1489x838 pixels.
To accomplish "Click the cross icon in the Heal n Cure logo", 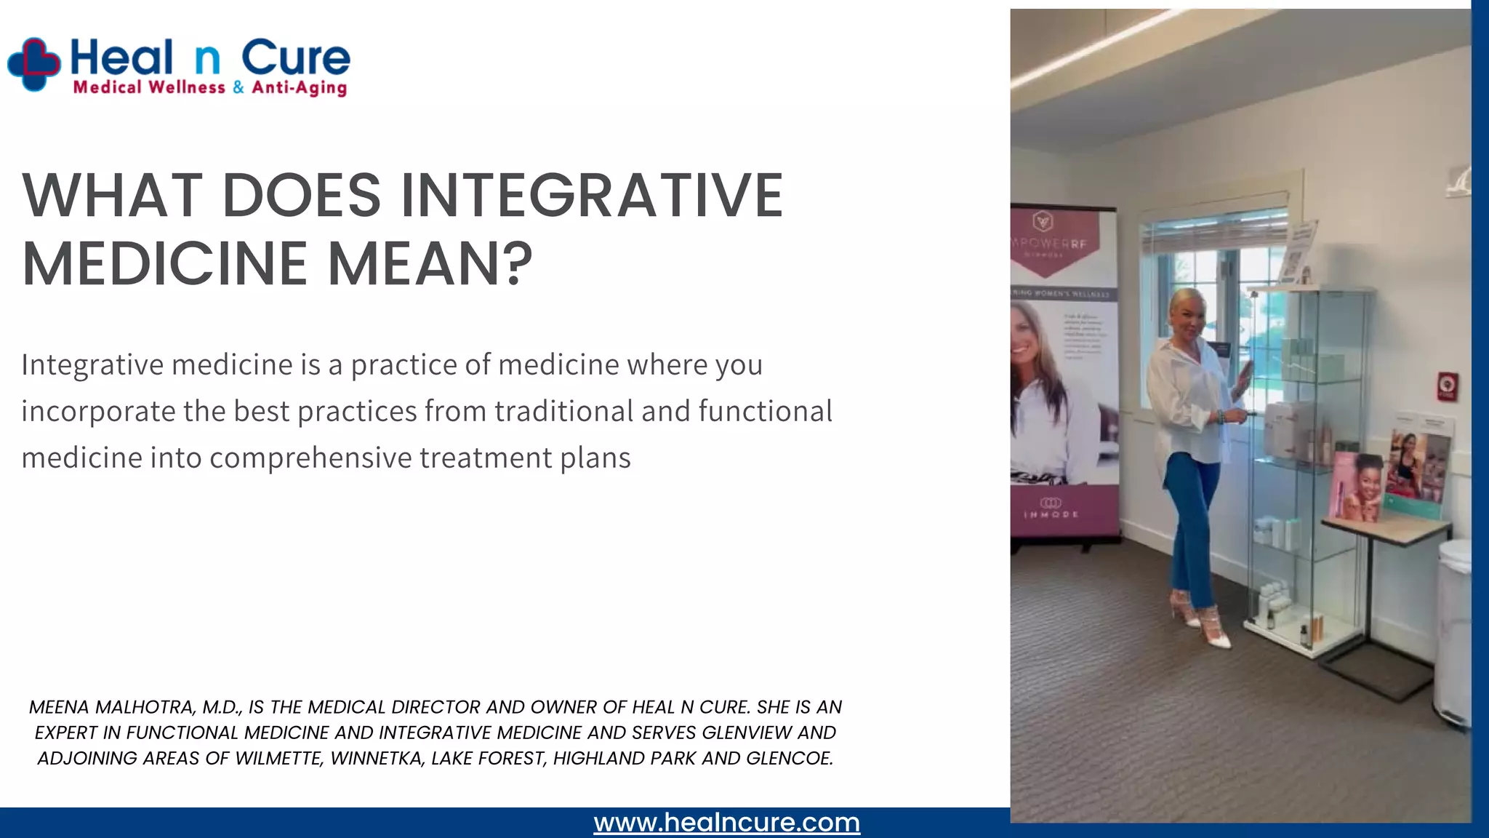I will tap(33, 64).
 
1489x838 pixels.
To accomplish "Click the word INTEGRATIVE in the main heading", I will tap(592, 196).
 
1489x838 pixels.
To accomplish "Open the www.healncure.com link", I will tap(726, 823).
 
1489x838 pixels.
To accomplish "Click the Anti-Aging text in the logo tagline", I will tap(299, 88).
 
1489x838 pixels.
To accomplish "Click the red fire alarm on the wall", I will tap(1447, 386).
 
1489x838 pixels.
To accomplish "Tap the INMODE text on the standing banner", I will tap(1051, 514).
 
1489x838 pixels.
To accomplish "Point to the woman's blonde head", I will tap(1187, 309).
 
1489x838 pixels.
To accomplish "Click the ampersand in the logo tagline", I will tap(238, 88).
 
